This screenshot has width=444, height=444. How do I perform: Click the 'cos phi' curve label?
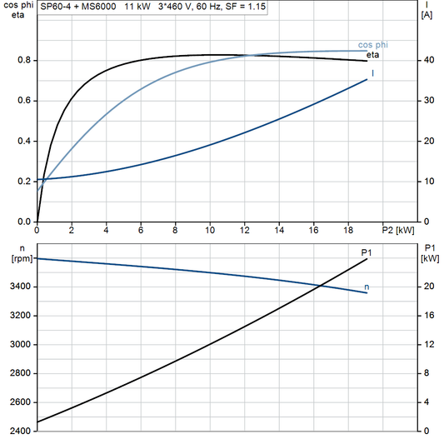374,44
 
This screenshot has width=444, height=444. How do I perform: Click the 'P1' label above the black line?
366,251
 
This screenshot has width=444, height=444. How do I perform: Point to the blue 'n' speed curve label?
367,287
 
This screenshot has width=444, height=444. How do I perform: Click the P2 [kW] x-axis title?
398,229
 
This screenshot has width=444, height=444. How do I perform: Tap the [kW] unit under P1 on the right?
429,258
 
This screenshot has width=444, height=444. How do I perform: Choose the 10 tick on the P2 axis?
210,229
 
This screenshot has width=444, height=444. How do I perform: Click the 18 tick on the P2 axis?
348,229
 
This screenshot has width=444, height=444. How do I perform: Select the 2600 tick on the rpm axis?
18,402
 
